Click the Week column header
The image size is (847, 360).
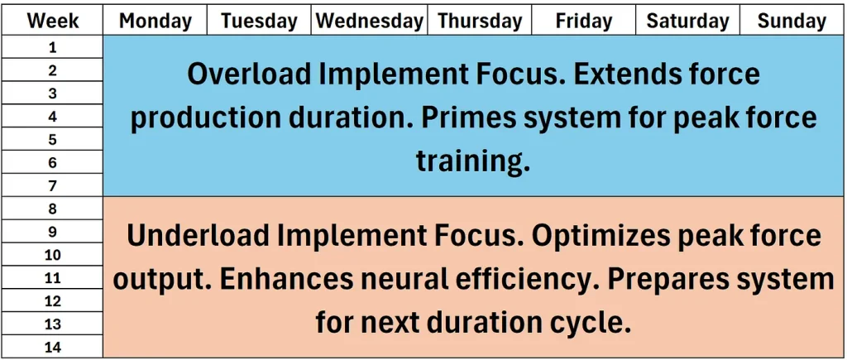52,21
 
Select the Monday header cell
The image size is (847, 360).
155,21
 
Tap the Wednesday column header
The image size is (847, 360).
370,21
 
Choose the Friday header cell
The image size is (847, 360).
584,21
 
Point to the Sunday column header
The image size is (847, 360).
792,21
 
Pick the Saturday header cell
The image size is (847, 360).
687,21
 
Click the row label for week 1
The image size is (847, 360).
52,47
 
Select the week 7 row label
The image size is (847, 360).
52,186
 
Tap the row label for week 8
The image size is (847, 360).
52,209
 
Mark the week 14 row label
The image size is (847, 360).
52,347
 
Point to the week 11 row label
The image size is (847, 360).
52,278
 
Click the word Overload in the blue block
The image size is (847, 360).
247,74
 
